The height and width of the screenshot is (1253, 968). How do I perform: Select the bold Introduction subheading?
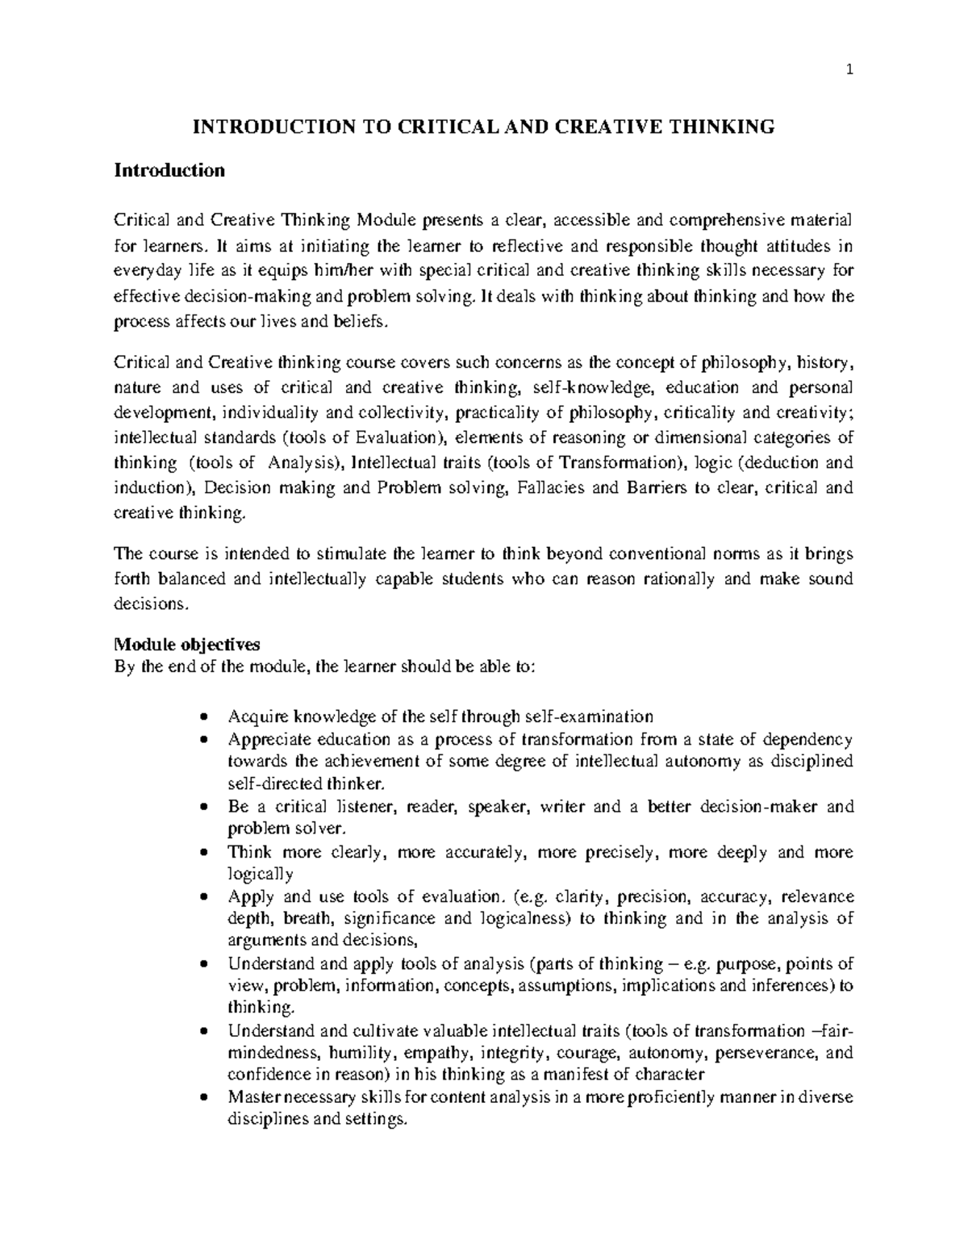point(169,171)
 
